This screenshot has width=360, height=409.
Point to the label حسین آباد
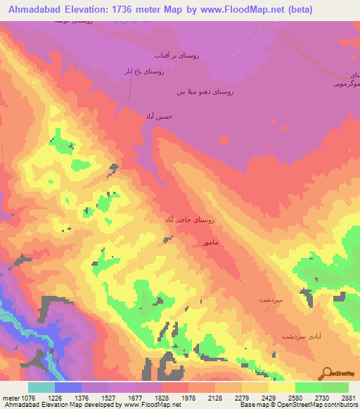(158, 115)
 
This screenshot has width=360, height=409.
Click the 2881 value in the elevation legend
(349, 397)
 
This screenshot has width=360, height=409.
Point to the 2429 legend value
(269, 397)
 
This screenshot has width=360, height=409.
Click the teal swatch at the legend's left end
(41, 387)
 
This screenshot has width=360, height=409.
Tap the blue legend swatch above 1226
(67, 387)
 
